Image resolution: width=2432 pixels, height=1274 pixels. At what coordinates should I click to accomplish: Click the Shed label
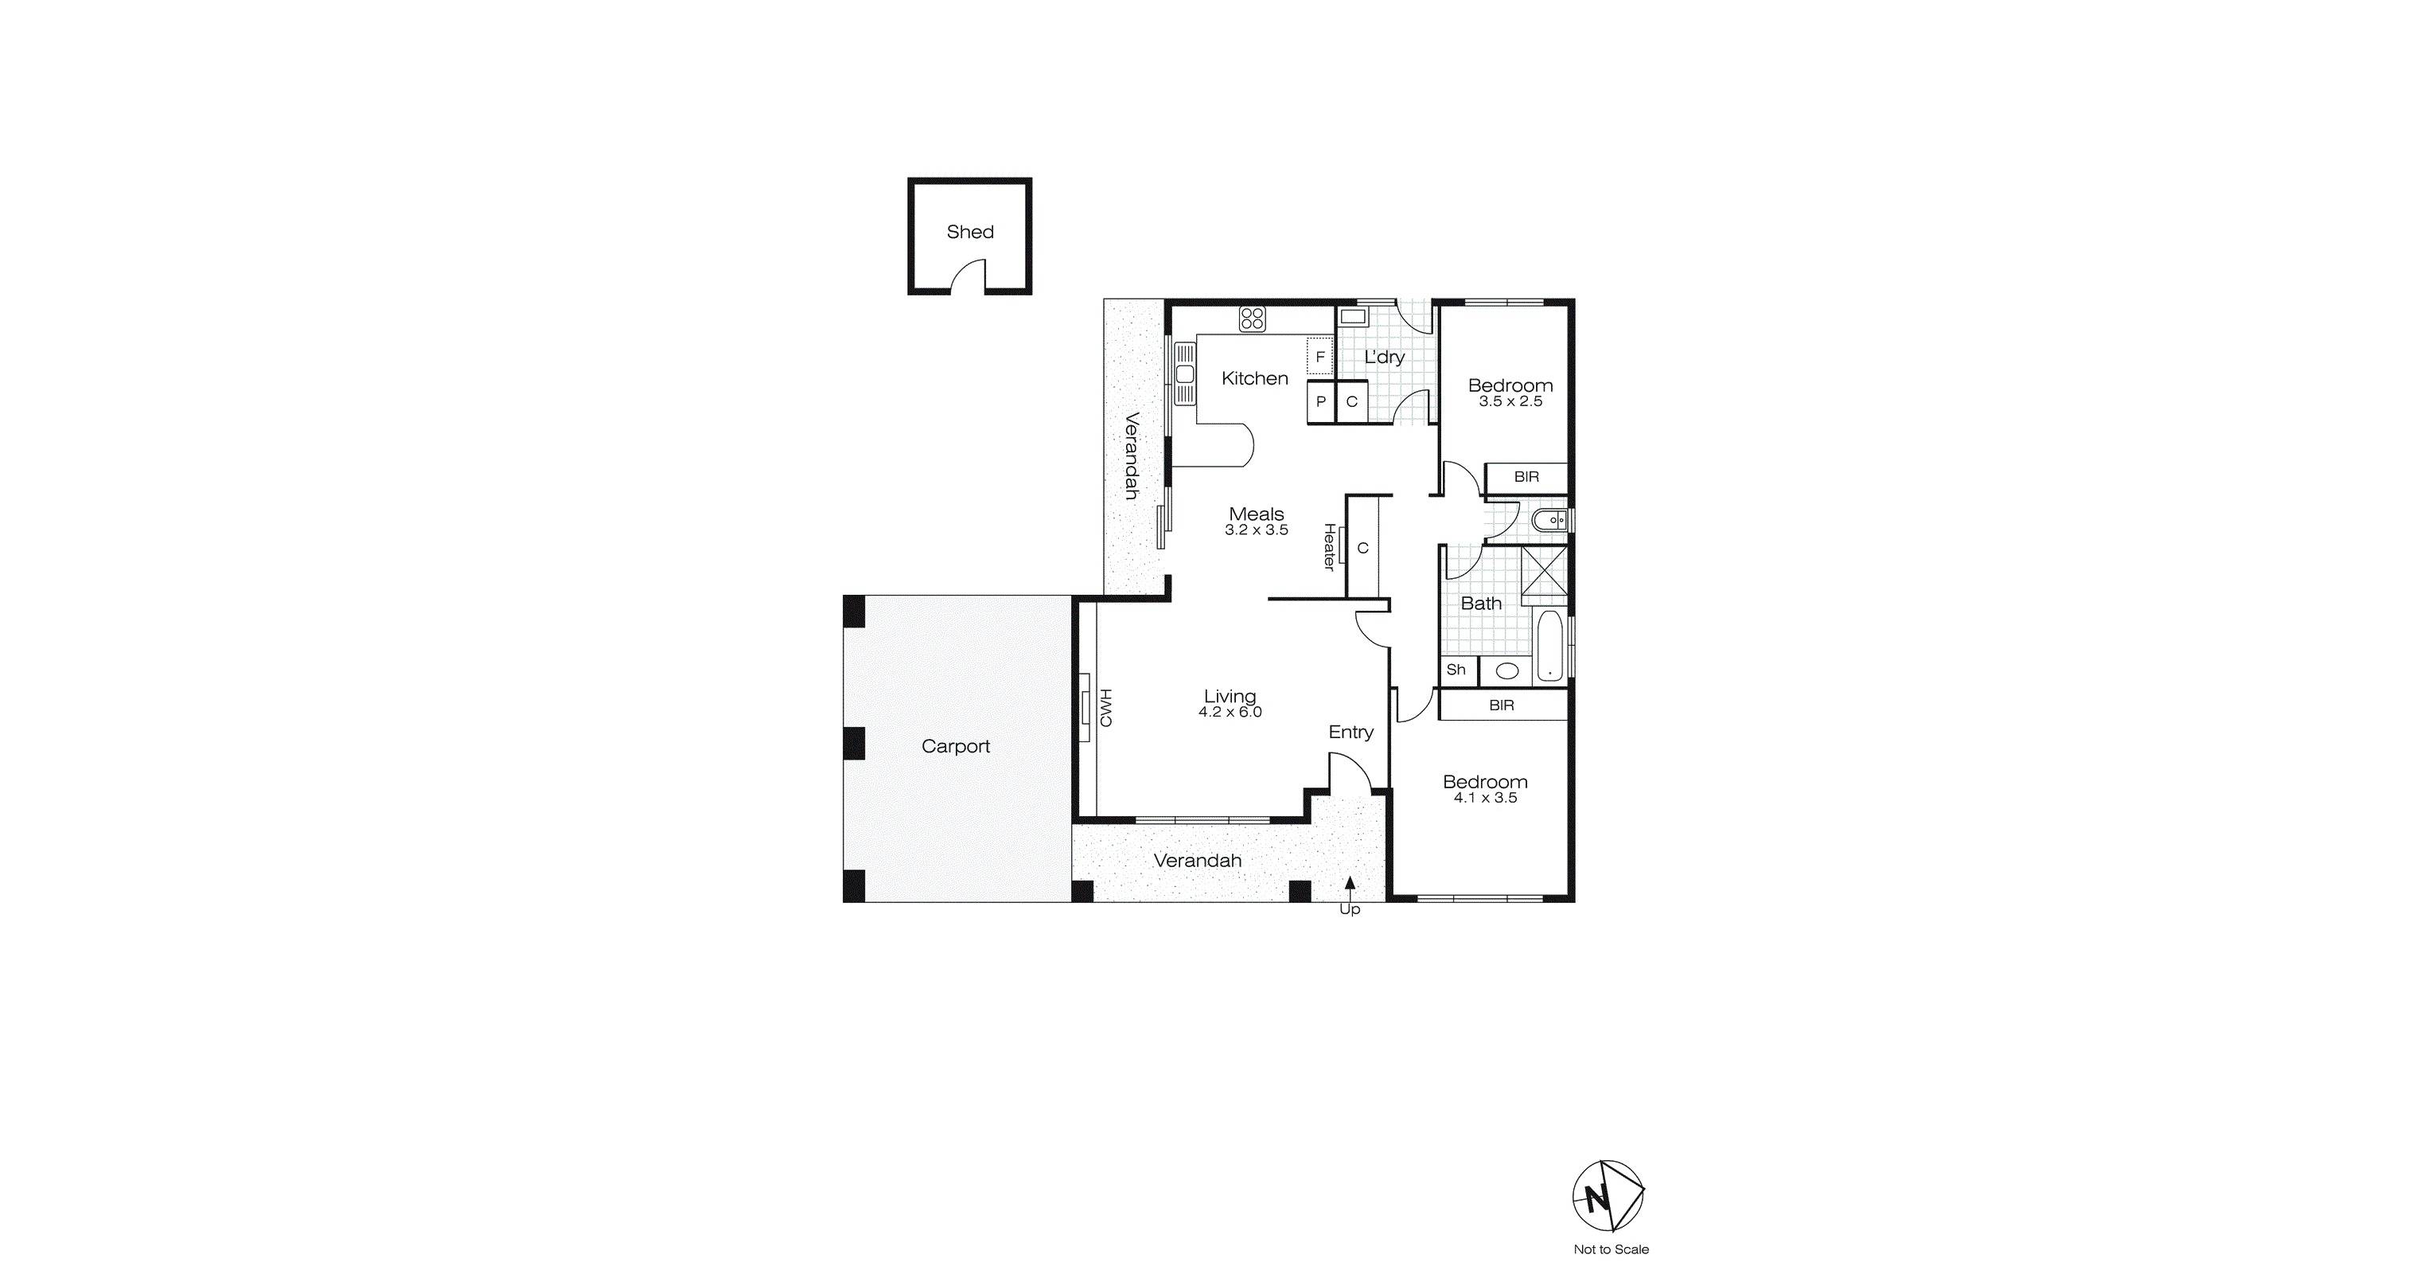(x=969, y=232)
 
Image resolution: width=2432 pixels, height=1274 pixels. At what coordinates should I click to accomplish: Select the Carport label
(x=956, y=746)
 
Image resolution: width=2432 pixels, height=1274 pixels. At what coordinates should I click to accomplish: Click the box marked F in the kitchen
(x=1319, y=357)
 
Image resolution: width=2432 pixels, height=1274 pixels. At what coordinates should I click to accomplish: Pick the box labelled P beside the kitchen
(x=1321, y=401)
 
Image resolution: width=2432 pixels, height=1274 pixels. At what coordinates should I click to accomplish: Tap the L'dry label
(x=1384, y=357)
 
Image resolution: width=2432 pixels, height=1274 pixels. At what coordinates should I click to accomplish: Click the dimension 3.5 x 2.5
(x=1510, y=401)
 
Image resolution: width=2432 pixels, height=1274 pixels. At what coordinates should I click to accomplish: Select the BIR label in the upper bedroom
(x=1526, y=477)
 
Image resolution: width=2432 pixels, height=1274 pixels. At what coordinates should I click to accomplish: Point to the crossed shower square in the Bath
(x=1545, y=576)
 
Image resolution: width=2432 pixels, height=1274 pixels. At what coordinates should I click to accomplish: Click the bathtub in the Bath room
(x=1549, y=645)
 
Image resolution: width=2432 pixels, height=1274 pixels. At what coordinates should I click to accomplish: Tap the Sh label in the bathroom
(x=1456, y=670)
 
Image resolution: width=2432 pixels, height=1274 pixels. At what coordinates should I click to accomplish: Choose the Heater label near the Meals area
(x=1329, y=547)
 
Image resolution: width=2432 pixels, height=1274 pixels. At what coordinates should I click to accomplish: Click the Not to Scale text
(x=1611, y=1249)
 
